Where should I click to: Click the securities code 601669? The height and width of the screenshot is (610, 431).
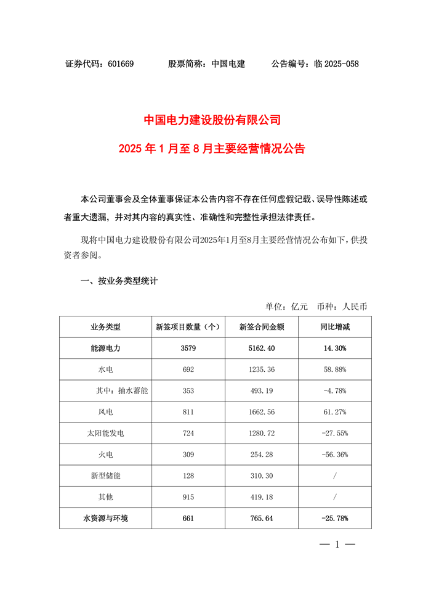point(121,64)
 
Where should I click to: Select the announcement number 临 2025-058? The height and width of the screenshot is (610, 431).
point(336,64)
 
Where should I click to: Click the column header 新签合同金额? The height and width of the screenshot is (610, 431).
point(261,327)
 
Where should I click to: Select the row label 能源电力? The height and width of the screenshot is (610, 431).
point(105,348)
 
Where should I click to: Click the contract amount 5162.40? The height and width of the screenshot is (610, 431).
point(261,348)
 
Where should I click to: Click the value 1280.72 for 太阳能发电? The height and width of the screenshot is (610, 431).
point(261,434)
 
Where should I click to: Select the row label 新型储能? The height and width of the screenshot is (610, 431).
point(105,476)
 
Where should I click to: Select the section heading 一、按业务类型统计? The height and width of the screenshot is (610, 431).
point(119,281)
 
